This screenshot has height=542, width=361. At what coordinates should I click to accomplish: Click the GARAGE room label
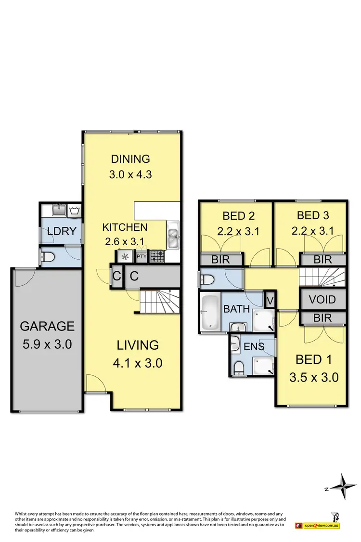(x=47, y=326)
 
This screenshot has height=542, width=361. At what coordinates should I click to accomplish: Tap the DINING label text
(x=130, y=159)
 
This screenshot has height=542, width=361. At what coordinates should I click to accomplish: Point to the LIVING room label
(x=138, y=345)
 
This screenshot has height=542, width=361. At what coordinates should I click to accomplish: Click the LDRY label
(x=61, y=231)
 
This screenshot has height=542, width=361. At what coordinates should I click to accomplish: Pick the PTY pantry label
(x=142, y=257)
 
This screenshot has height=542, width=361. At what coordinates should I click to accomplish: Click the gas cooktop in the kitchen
(x=157, y=256)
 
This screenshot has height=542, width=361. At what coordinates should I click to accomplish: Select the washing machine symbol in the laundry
(x=74, y=211)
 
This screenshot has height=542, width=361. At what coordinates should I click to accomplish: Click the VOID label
(x=322, y=300)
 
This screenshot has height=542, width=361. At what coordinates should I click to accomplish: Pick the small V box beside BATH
(x=270, y=300)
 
